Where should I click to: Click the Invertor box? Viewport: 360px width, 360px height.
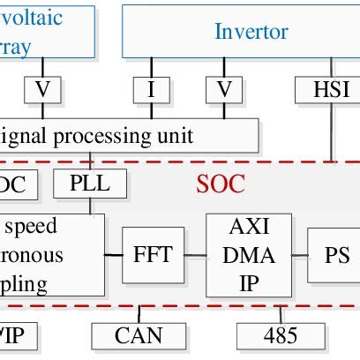click(x=240, y=32)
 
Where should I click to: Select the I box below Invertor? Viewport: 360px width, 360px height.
click(x=151, y=89)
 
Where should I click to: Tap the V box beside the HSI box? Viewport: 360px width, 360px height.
click(x=223, y=89)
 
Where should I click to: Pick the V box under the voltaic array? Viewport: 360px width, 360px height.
click(x=42, y=89)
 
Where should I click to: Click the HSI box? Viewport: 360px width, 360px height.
click(x=331, y=89)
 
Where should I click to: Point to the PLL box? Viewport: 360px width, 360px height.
click(x=90, y=184)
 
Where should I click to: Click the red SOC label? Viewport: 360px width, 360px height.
click(x=220, y=185)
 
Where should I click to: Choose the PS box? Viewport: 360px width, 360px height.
click(x=336, y=256)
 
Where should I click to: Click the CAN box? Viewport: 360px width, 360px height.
click(x=139, y=335)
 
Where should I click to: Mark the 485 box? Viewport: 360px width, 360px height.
click(x=280, y=335)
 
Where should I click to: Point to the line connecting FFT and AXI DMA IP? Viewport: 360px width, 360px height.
click(x=195, y=256)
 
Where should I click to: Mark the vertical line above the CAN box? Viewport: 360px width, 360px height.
click(x=139, y=312)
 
